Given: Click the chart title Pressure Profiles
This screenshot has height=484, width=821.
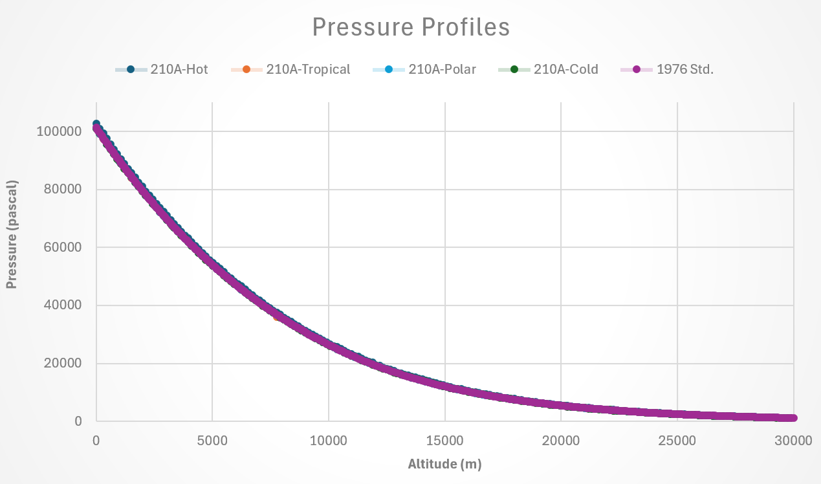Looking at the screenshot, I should click(411, 27).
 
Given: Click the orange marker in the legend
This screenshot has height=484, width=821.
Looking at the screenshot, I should click(246, 70).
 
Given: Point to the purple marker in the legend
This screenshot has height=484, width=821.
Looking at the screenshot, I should click(636, 70).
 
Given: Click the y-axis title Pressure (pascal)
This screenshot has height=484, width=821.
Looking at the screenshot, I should click(12, 234).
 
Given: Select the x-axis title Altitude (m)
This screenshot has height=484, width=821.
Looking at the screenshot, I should click(444, 464).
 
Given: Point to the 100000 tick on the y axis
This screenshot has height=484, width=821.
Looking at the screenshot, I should click(60, 131).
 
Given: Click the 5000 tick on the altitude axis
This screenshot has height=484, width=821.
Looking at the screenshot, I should click(212, 441).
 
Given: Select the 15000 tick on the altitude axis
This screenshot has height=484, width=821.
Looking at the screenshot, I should click(444, 441).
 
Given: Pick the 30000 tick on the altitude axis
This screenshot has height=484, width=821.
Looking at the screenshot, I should click(793, 441).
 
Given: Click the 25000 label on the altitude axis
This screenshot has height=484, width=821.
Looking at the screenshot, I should click(677, 441).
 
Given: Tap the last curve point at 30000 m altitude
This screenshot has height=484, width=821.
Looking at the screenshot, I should click(793, 418).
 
